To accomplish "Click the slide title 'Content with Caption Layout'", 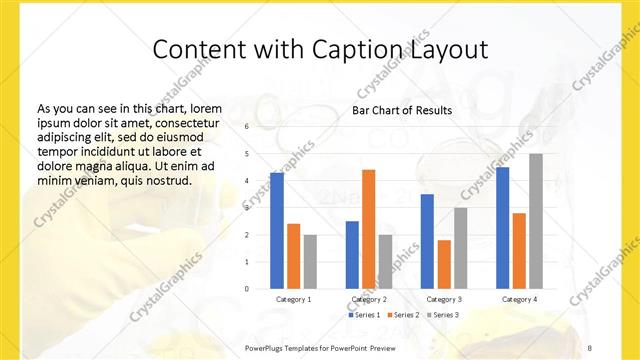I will click(x=320, y=49).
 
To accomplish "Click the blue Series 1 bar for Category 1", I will click(x=277, y=231).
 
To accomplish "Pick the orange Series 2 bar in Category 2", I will click(x=368, y=229).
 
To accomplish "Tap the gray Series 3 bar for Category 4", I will click(x=536, y=221).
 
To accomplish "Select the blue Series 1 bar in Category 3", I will click(x=427, y=241).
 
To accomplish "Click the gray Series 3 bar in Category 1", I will click(x=310, y=262).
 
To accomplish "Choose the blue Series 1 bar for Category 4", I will click(x=502, y=228).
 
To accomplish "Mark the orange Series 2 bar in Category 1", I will click(x=293, y=256).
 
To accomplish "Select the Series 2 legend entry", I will click(x=402, y=315).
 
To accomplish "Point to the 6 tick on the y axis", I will click(x=246, y=127).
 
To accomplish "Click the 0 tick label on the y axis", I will click(x=246, y=289).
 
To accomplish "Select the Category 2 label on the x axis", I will click(x=369, y=299).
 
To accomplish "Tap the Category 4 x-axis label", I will click(x=519, y=299).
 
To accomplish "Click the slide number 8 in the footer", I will click(x=590, y=346).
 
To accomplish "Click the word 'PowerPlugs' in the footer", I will click(x=266, y=346).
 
